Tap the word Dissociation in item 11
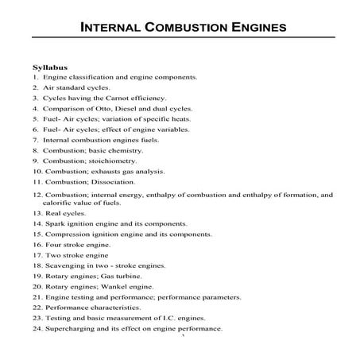(x=102, y=182)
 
